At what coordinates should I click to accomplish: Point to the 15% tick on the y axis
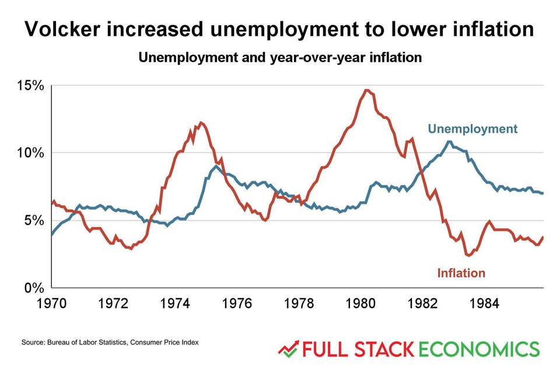(30, 85)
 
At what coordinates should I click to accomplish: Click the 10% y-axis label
(30, 153)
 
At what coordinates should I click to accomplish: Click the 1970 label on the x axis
(52, 304)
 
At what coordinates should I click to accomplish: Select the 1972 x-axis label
(114, 304)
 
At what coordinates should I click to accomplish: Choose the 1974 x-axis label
(176, 304)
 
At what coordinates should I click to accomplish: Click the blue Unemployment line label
(473, 129)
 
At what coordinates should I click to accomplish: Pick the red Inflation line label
(461, 273)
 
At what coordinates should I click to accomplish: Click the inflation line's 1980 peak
(366, 90)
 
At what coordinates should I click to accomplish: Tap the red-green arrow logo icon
(288, 349)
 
